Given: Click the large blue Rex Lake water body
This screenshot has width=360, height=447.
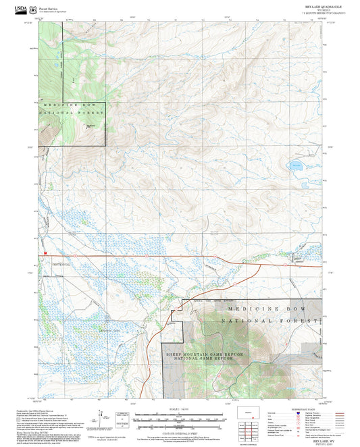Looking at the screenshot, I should pos(296,164).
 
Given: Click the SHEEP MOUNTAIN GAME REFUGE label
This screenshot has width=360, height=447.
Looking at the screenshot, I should pos(205,353).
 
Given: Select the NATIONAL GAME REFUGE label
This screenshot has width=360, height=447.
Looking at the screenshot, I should pos(205,359).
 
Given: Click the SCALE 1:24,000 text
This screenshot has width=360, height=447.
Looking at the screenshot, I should pos(179,409).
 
